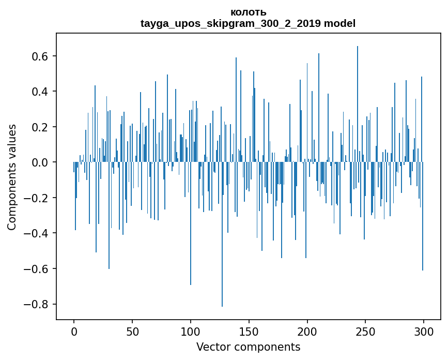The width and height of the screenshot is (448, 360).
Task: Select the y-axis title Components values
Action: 12,177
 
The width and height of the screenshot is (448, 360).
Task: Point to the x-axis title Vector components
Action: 248,347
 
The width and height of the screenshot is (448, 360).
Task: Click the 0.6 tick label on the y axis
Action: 39,56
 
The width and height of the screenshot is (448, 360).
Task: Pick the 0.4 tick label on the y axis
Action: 39,92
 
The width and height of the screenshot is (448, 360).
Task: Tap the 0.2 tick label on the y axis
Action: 39,127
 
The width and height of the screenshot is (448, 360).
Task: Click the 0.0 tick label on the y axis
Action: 39,162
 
